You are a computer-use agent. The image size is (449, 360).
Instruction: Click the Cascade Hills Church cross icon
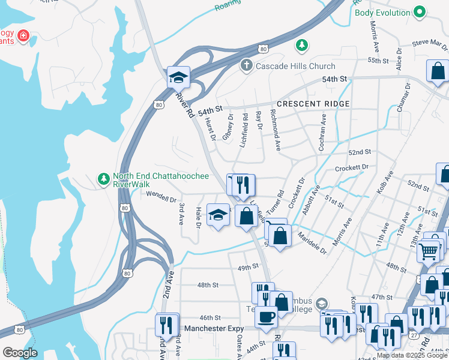[246, 65]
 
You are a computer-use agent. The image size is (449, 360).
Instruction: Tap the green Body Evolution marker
[420, 12]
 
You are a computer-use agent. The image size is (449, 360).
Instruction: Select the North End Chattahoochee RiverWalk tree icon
[104, 179]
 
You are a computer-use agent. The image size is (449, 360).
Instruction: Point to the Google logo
[19, 353]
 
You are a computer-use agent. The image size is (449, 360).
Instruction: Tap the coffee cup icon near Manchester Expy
[266, 316]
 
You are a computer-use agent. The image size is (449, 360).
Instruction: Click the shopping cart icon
[428, 253]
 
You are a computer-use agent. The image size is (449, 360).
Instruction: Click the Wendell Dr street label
[161, 196]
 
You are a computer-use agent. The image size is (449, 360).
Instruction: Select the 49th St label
[248, 266]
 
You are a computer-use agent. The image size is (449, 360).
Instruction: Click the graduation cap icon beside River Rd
[178, 77]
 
